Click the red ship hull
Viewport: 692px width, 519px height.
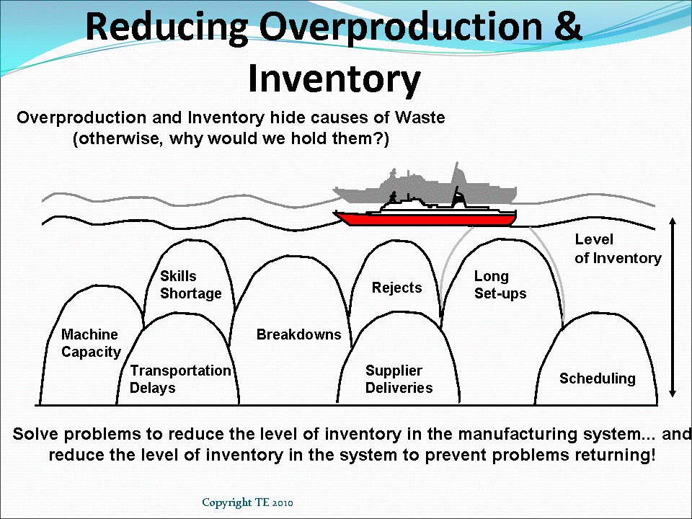coord(425,219)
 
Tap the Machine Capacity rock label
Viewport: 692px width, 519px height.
coord(91,343)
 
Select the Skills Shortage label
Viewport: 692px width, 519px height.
coord(190,285)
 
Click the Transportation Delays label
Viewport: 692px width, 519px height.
coord(180,378)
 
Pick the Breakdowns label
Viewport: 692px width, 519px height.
coord(298,334)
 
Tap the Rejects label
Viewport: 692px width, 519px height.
coord(396,288)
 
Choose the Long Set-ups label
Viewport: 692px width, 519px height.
coord(500,285)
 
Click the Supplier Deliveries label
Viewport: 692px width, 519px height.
coord(399,378)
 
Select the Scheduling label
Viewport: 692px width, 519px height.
coord(598,378)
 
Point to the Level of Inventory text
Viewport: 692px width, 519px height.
coord(618,249)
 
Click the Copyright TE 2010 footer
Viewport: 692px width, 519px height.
coord(247,502)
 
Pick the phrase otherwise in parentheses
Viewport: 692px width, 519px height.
coord(118,139)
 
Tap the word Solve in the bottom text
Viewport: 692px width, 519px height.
coord(36,435)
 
